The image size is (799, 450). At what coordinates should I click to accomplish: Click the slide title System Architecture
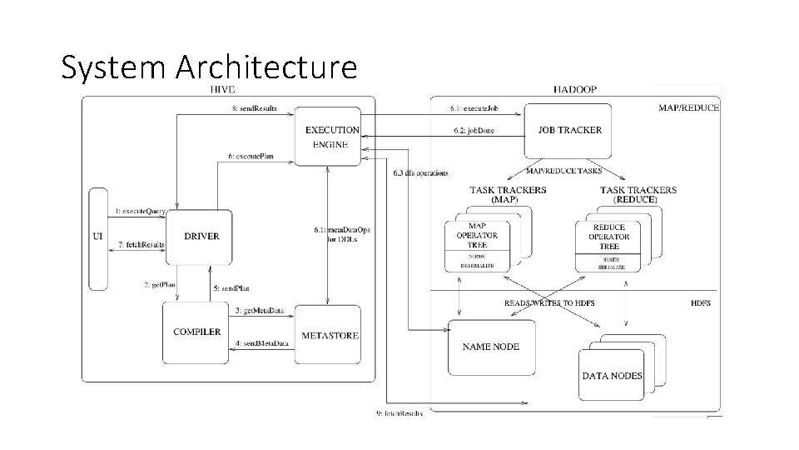pyautogui.click(x=209, y=67)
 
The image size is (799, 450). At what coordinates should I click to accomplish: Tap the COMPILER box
pyautogui.click(x=196, y=332)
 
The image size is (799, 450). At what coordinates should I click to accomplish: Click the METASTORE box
pyautogui.click(x=330, y=335)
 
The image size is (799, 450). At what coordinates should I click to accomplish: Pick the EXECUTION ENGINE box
pyautogui.click(x=332, y=137)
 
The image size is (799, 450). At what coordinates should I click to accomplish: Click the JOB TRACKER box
pyautogui.click(x=569, y=130)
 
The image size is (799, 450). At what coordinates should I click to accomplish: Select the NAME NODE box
pyautogui.click(x=490, y=347)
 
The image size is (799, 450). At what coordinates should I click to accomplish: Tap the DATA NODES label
pyautogui.click(x=612, y=376)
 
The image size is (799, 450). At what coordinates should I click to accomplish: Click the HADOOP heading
pyautogui.click(x=574, y=89)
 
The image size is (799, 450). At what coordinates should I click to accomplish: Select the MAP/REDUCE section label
pyautogui.click(x=688, y=107)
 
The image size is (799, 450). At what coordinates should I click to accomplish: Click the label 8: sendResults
pyautogui.click(x=255, y=109)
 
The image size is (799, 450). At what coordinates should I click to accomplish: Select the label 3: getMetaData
pyautogui.click(x=260, y=311)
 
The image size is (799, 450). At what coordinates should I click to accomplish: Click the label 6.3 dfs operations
pyautogui.click(x=420, y=173)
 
